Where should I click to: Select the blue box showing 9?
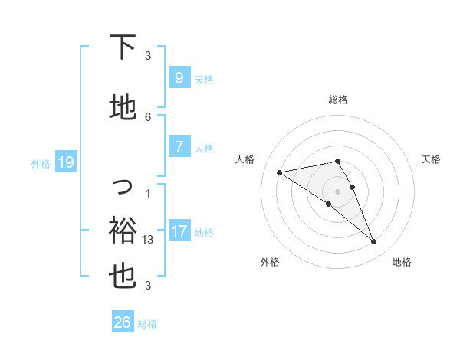179,78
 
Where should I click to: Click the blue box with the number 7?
179,148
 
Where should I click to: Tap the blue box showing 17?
179,232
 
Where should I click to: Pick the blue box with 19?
65,162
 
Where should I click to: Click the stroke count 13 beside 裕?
149,240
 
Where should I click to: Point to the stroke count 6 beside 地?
149,116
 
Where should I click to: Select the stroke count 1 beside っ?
149,193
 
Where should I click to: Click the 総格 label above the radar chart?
338,100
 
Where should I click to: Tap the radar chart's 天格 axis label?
431,159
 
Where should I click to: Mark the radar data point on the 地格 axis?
374,242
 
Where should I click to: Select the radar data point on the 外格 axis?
328,204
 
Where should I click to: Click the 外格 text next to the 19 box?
40,163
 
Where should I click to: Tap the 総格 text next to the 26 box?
147,324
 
